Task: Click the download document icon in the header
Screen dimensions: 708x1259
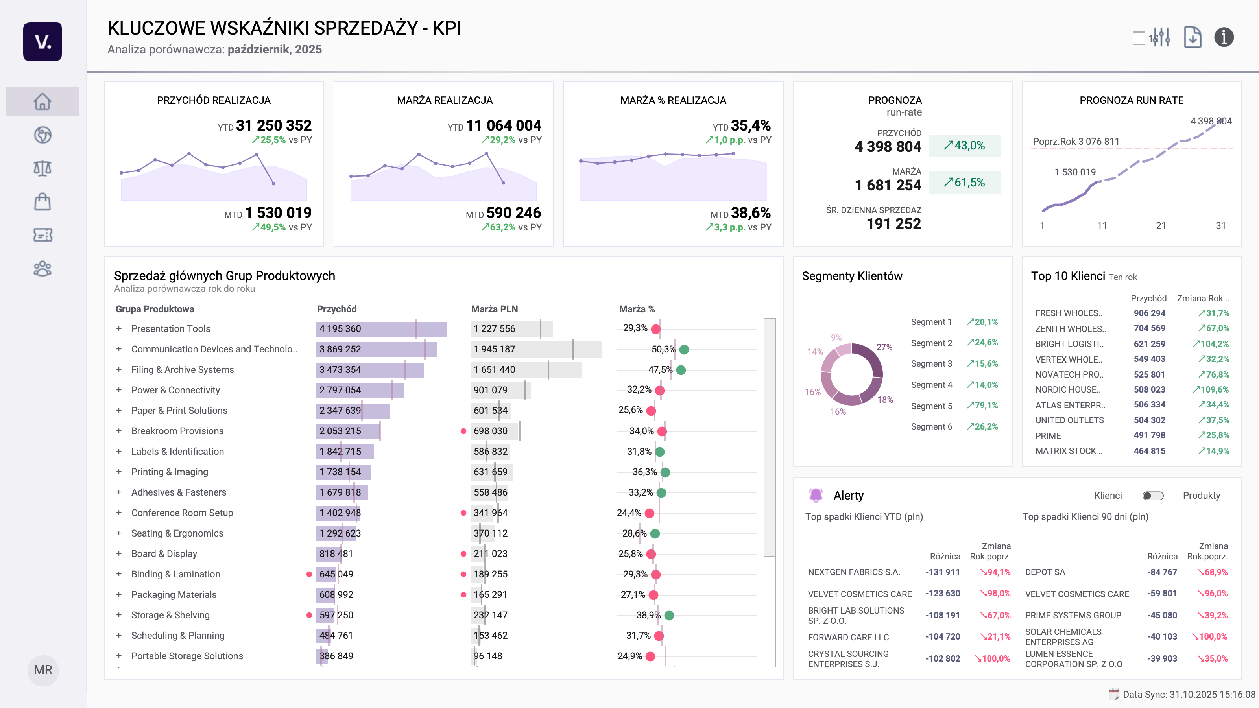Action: click(x=1192, y=37)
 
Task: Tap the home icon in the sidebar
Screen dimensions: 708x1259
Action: click(x=42, y=101)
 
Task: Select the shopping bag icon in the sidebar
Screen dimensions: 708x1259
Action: click(x=42, y=201)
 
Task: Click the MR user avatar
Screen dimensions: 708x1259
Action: click(x=43, y=670)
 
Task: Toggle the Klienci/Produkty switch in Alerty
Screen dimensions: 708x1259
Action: click(x=1152, y=496)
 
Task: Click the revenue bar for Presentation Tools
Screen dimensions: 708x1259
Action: click(x=381, y=329)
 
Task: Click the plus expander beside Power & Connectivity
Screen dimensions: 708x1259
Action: click(x=119, y=390)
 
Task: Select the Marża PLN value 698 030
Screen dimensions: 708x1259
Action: click(x=490, y=431)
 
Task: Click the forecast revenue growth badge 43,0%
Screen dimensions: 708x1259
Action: click(x=964, y=146)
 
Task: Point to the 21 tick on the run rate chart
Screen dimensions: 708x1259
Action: click(x=1161, y=226)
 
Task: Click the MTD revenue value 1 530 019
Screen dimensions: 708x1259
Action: click(x=278, y=213)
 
